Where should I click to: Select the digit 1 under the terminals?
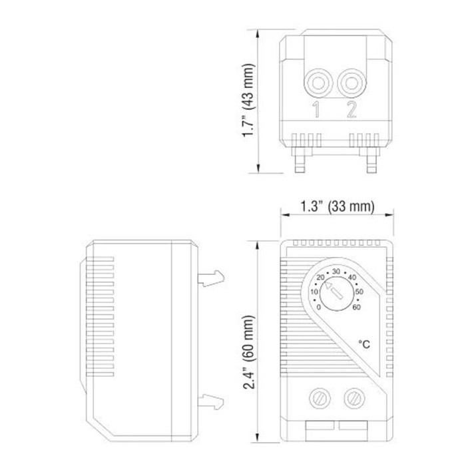[x=317, y=110]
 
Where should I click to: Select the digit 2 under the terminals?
[x=351, y=110]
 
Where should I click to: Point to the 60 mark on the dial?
[x=357, y=307]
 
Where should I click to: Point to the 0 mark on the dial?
[x=319, y=307]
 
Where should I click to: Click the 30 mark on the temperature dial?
[x=336, y=271]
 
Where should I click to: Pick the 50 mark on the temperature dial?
[x=359, y=292]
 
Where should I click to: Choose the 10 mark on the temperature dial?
[x=314, y=292]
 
